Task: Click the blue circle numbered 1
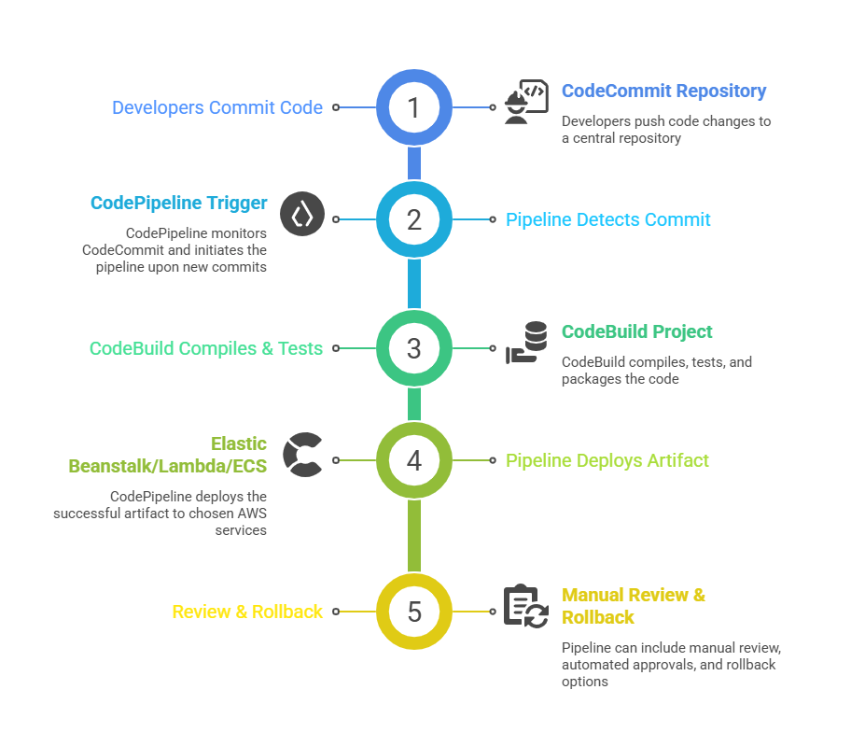(x=414, y=107)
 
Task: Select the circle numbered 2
(x=414, y=219)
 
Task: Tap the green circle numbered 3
(x=414, y=348)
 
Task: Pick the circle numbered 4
(x=414, y=460)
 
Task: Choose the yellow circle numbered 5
(x=414, y=612)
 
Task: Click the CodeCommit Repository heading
(x=663, y=91)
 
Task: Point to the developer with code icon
(x=525, y=103)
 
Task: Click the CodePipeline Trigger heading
(x=178, y=203)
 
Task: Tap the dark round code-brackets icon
(x=302, y=215)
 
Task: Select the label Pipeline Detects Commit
(x=607, y=219)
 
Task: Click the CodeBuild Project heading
(x=636, y=331)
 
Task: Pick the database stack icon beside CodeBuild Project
(x=527, y=343)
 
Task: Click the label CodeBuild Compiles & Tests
(x=206, y=348)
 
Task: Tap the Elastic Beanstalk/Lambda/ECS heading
(x=168, y=455)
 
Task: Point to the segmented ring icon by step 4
(x=302, y=455)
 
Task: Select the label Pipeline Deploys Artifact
(x=607, y=460)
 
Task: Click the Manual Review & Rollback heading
(x=633, y=606)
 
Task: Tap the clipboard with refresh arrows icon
(x=525, y=606)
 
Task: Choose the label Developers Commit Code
(x=217, y=107)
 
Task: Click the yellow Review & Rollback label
(x=247, y=612)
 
